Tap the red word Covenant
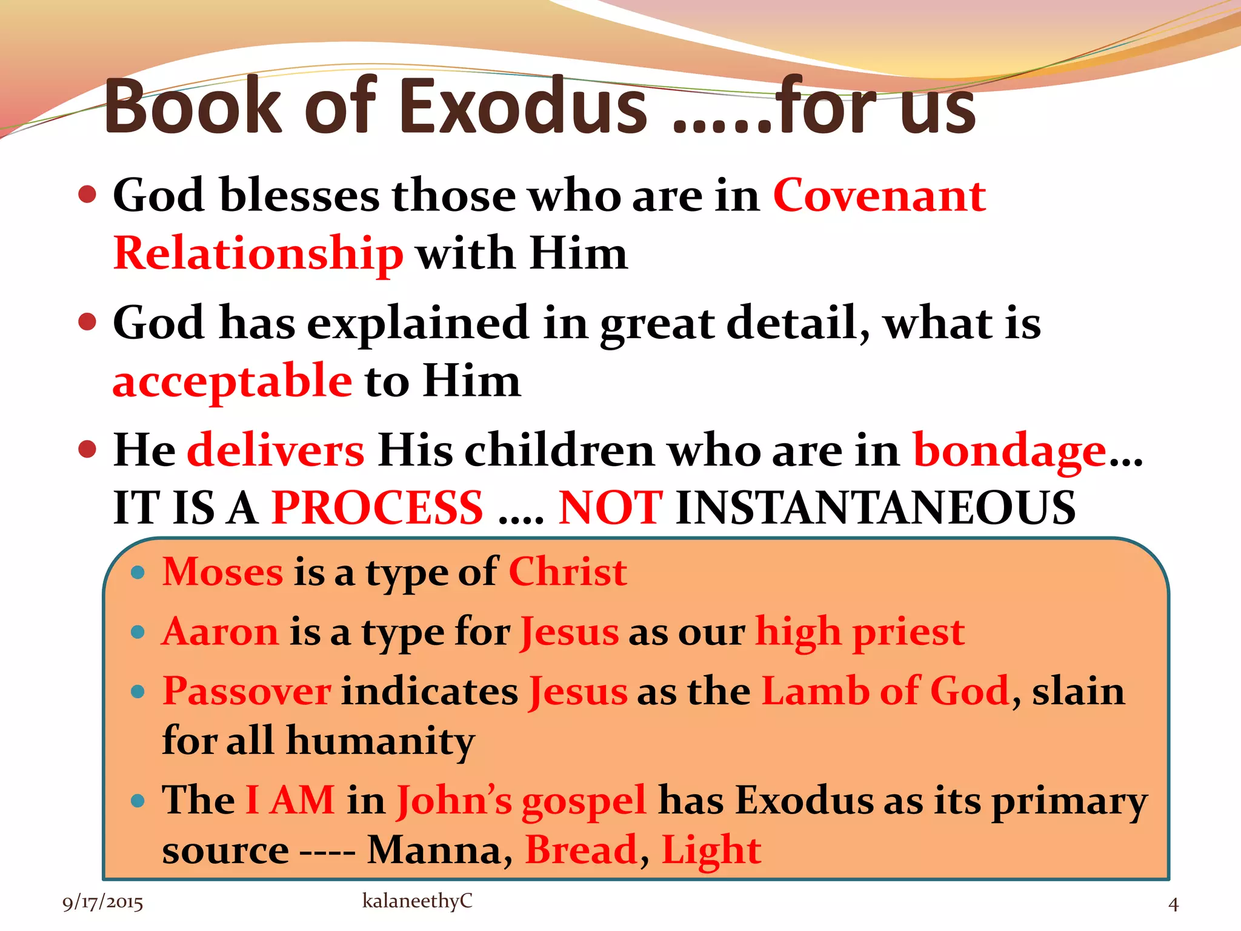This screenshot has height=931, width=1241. (879, 196)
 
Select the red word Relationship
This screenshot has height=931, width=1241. (258, 253)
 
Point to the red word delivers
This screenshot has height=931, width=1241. (276, 451)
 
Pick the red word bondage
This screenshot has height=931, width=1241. (1010, 451)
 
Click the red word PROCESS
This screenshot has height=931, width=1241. (377, 508)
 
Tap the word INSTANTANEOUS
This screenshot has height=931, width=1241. (875, 508)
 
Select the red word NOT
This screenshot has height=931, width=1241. (610, 508)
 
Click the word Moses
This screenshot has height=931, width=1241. (222, 572)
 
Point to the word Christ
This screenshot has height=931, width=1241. (568, 572)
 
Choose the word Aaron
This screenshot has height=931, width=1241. (220, 632)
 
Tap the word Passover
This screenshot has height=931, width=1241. (247, 691)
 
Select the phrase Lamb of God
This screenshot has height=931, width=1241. (885, 691)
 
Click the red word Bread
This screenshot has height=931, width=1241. (581, 850)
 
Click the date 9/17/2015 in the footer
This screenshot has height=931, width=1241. (102, 903)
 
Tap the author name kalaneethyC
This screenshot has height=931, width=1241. (417, 901)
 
